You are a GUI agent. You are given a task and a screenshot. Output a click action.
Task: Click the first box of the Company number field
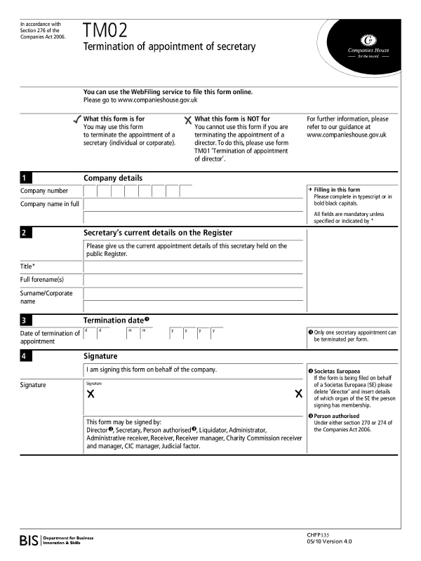(x=90, y=191)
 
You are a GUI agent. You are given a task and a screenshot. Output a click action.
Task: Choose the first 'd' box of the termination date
(x=90, y=333)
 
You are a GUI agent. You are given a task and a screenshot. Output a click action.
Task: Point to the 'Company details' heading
(x=112, y=178)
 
